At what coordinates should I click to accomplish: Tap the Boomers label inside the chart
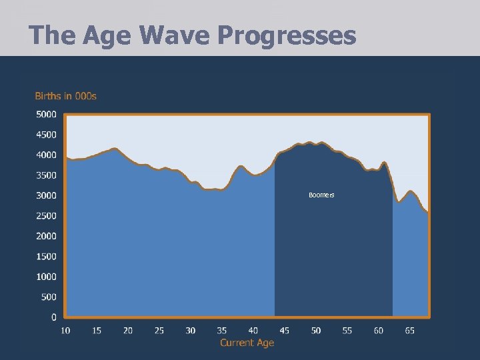(321, 195)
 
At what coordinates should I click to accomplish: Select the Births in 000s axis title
(66, 96)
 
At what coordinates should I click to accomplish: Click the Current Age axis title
(247, 343)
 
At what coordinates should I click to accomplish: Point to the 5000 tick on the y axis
(46, 115)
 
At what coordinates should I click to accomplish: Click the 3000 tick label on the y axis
(46, 195)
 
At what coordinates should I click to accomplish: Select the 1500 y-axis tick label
(46, 257)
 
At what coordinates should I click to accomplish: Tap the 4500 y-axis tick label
(46, 135)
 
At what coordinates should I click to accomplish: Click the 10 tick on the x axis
(65, 330)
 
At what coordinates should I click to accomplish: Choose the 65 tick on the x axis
(410, 330)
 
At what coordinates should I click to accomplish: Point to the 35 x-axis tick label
(222, 330)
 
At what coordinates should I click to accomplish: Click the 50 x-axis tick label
(316, 330)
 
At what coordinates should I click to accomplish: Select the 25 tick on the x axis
(159, 330)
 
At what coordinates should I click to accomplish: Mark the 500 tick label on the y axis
(48, 297)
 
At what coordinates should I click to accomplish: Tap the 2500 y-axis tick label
(46, 216)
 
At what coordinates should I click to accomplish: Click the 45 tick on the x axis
(285, 330)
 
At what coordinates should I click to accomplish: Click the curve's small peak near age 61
(384, 163)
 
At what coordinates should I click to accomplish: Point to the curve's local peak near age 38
(241, 166)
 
